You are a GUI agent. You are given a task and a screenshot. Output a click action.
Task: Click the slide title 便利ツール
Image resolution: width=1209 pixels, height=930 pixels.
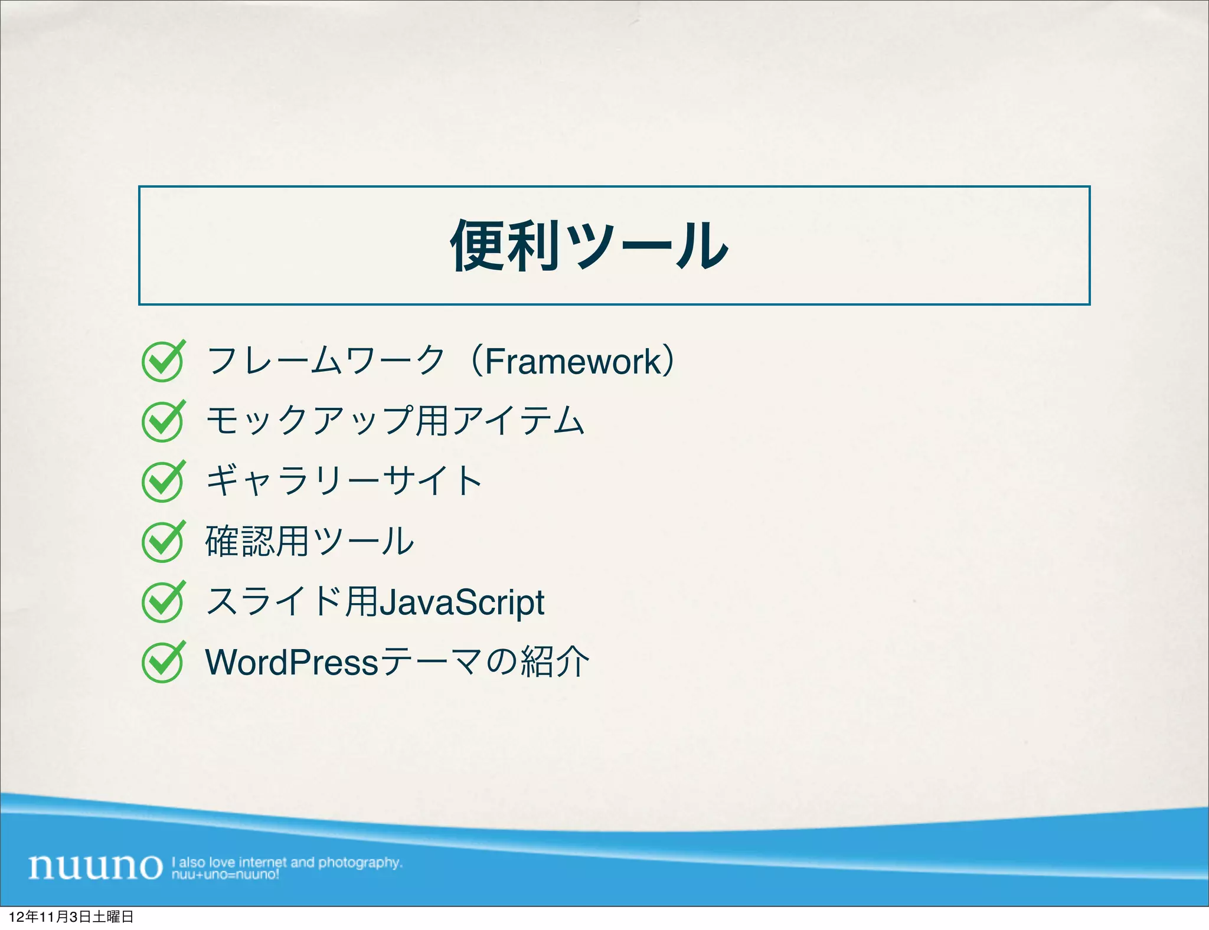coord(589,245)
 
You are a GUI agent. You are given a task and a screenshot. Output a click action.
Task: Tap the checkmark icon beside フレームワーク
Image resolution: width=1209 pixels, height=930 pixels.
coord(163,361)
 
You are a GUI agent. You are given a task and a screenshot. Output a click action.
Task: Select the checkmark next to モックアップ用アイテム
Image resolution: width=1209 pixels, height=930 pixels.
coord(163,421)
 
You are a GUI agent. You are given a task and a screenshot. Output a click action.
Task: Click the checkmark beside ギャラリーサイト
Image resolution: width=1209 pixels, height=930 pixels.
coord(163,482)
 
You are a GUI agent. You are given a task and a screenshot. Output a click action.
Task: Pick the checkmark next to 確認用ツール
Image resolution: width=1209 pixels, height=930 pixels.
coord(163,542)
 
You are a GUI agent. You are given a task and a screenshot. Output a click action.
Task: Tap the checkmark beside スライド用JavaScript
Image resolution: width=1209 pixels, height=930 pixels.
coord(163,602)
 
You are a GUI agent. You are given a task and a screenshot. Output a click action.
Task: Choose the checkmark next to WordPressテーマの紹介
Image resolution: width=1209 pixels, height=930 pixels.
coord(163,662)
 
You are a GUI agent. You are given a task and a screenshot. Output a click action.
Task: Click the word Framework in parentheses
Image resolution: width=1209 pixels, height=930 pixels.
coord(573,361)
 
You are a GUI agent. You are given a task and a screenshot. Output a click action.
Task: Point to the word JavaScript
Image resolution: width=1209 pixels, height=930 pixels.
coord(461,602)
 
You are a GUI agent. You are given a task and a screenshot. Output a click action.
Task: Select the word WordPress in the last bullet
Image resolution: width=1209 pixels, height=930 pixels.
coord(291,662)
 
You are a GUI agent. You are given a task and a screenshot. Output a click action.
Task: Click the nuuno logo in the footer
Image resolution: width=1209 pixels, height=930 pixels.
coord(94,866)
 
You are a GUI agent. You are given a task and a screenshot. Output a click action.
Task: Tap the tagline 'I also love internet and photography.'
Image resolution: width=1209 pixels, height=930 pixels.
coord(287,862)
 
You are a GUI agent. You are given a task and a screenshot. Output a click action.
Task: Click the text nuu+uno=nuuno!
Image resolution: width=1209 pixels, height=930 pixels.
coord(225,875)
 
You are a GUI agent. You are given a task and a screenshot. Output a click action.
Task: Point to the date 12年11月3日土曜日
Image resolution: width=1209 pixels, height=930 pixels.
coord(71,916)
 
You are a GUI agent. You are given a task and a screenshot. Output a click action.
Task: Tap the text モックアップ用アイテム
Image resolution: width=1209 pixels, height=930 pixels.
coord(394,421)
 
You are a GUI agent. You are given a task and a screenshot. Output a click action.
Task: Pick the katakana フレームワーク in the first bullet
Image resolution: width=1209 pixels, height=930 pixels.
coord(325,361)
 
